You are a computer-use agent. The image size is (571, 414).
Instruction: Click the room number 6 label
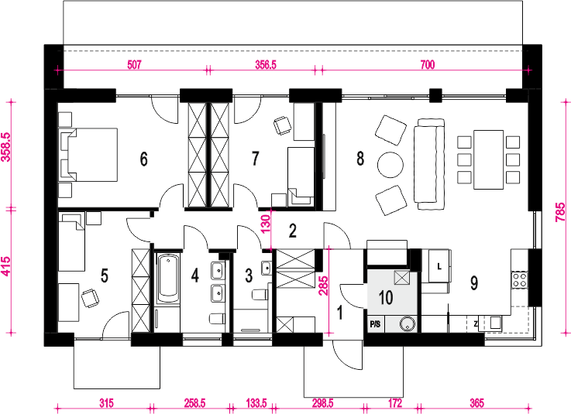pyautogui.click(x=144, y=159)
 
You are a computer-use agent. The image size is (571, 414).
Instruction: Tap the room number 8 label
pyautogui.click(x=360, y=159)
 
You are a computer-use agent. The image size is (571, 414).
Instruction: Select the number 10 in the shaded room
pyautogui.click(x=386, y=298)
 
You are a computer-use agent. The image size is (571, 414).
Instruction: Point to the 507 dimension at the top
pyautogui.click(x=134, y=65)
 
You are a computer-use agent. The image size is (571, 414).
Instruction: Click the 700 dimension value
pyautogui.click(x=428, y=65)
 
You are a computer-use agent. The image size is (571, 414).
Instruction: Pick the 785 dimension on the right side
pyautogui.click(x=561, y=212)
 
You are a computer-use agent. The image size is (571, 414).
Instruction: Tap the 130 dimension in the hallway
pyautogui.click(x=266, y=224)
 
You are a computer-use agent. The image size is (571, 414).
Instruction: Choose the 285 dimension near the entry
pyautogui.click(x=323, y=286)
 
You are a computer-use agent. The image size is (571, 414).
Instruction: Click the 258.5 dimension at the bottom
pyautogui.click(x=194, y=403)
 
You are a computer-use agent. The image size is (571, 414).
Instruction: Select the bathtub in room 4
pyautogui.click(x=168, y=279)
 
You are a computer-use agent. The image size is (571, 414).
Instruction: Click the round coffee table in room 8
pyautogui.click(x=390, y=165)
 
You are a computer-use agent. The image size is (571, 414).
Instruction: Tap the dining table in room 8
pyautogui.click(x=488, y=159)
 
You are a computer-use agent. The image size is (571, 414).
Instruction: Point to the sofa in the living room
pyautogui.click(x=429, y=164)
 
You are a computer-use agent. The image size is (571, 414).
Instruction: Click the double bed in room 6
pyautogui.click(x=88, y=154)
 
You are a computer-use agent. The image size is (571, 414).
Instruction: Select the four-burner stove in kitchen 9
pyautogui.click(x=519, y=279)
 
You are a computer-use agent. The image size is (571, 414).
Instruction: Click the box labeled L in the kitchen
pyautogui.click(x=439, y=266)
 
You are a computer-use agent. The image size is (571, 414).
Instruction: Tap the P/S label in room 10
pyautogui.click(x=375, y=323)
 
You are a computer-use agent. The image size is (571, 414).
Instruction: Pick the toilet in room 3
pyautogui.click(x=260, y=294)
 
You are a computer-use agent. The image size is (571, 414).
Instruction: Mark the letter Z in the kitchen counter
pyautogui.click(x=476, y=323)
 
